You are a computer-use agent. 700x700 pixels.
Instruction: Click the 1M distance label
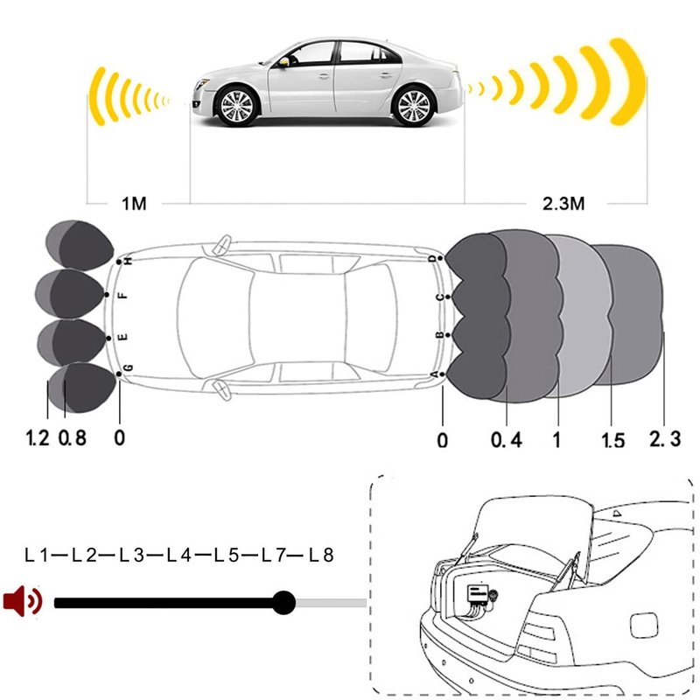[x=134, y=204]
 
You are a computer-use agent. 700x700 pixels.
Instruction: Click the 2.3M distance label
[x=563, y=204]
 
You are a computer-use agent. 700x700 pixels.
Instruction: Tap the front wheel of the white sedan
[x=236, y=105]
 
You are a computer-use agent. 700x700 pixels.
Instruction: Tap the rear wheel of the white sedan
[x=412, y=106]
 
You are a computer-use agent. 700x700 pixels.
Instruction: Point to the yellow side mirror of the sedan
[x=283, y=62]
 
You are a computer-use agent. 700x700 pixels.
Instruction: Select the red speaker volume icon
[x=23, y=601]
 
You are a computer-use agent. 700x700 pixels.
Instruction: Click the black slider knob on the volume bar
[x=283, y=603]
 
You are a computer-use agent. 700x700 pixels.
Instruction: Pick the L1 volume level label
[x=36, y=556]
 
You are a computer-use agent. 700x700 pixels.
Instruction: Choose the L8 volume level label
[x=321, y=556]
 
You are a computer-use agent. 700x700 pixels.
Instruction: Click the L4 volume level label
[x=179, y=556]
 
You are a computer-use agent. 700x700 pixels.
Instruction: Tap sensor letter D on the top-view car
[x=432, y=258]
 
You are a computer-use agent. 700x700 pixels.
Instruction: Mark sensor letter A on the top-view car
[x=435, y=374]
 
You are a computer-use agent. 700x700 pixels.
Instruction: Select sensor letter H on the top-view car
[x=129, y=261]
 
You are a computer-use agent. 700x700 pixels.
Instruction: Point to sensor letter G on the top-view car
[x=128, y=367]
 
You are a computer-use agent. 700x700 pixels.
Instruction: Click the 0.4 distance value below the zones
[x=507, y=440]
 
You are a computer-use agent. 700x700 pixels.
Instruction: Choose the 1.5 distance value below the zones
[x=613, y=440]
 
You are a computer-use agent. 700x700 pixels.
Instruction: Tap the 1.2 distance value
[x=38, y=437]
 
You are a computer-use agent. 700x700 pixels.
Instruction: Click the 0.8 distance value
[x=73, y=437]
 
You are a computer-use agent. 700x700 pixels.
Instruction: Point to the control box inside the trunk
[x=479, y=594]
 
